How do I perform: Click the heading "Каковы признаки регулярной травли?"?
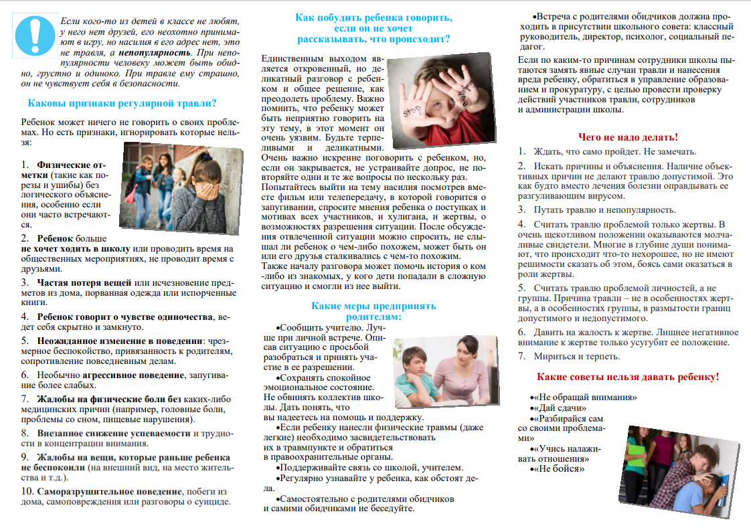pos(121,103)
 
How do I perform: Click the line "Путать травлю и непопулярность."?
pos(595,209)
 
